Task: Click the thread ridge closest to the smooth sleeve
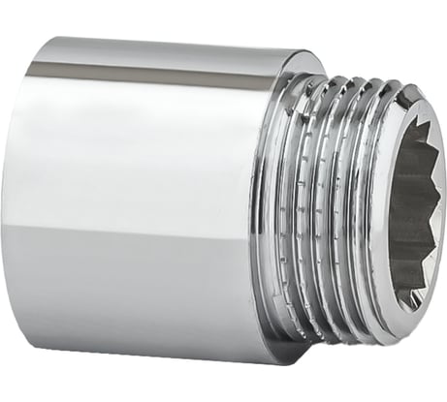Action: (291, 208)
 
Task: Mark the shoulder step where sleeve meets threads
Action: (272, 208)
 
